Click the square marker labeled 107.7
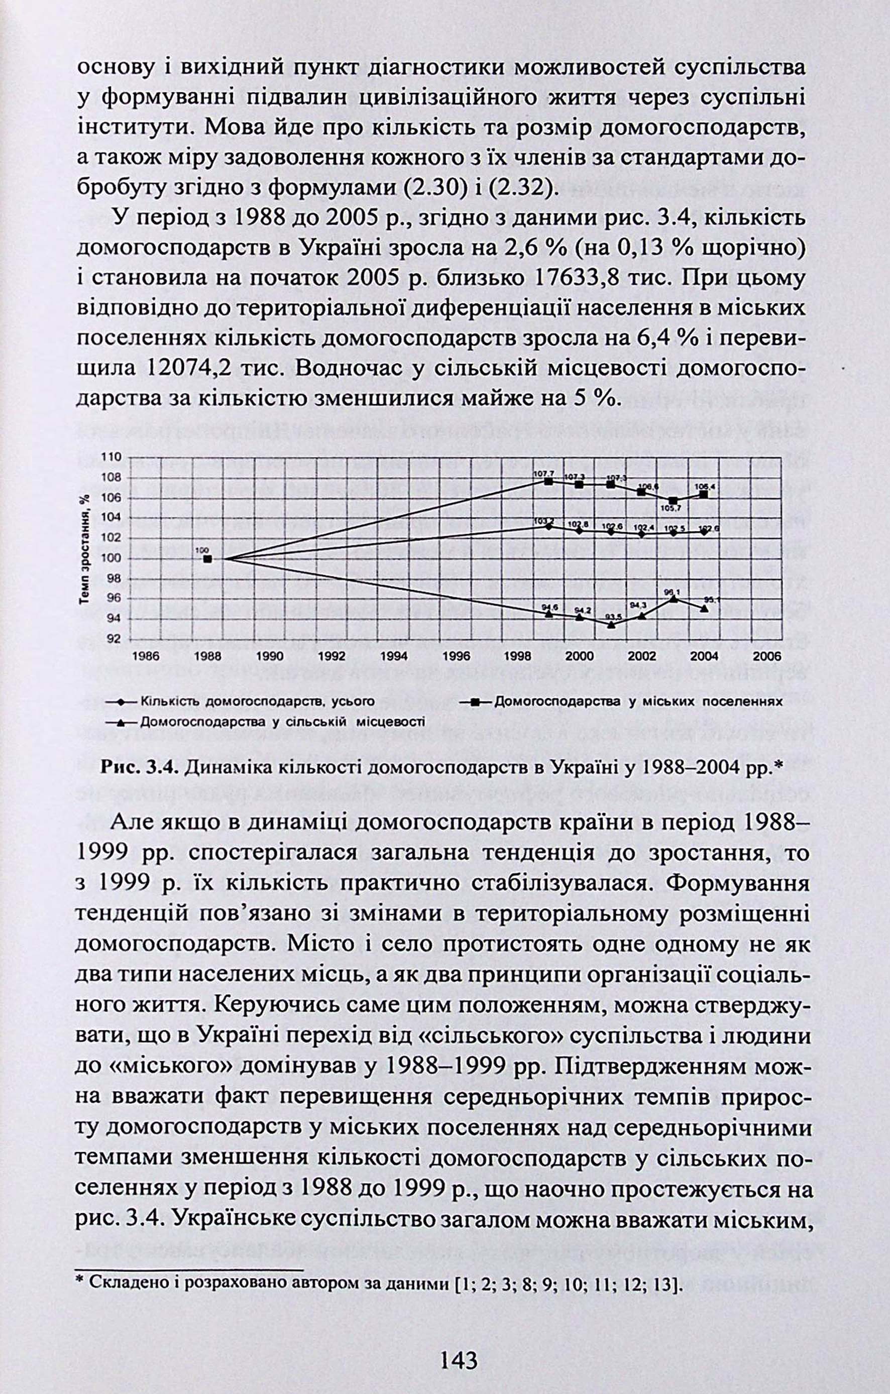(548, 481)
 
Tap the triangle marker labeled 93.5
(611, 625)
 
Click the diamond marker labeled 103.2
(548, 526)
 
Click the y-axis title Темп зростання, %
(85, 549)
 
